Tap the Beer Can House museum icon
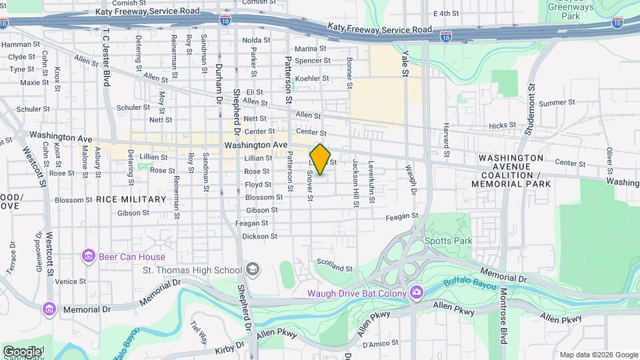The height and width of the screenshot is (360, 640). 87,256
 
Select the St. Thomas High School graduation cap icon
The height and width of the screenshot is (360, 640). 252,269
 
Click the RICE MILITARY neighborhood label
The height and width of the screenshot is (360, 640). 131,199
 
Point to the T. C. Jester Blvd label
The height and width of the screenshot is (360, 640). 105,57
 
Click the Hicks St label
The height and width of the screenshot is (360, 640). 502,125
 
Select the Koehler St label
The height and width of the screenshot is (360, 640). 313,79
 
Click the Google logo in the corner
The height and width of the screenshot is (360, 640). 22,351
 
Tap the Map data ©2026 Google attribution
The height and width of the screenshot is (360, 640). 598,355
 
